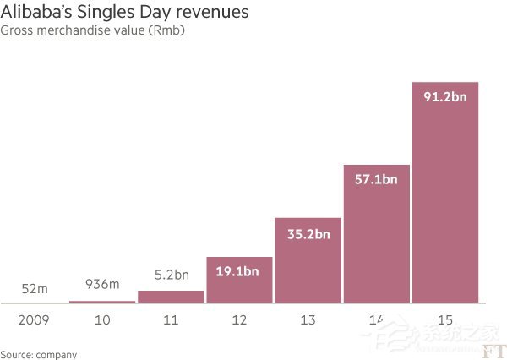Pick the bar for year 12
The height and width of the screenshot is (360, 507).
pyautogui.click(x=239, y=283)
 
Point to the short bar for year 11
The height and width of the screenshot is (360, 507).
pyautogui.click(x=171, y=297)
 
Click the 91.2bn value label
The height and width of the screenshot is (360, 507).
pyautogui.click(x=444, y=96)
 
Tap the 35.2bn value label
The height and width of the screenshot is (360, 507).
pyautogui.click(x=308, y=233)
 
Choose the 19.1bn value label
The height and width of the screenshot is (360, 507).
pyautogui.click(x=239, y=272)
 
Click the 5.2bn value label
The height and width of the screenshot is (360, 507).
pyautogui.click(x=171, y=275)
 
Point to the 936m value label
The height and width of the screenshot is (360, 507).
pyautogui.click(x=102, y=285)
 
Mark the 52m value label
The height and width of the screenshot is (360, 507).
pyautogui.click(x=34, y=289)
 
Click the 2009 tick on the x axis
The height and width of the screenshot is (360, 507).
pyautogui.click(x=34, y=319)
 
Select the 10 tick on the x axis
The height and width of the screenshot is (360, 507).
pyautogui.click(x=102, y=319)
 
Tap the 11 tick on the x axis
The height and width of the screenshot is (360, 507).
pyautogui.click(x=171, y=319)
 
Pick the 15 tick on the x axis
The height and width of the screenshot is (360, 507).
pyautogui.click(x=444, y=319)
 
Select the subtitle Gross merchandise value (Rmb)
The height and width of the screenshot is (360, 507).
pyautogui.click(x=93, y=31)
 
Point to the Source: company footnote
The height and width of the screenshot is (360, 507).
pyautogui.click(x=39, y=354)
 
